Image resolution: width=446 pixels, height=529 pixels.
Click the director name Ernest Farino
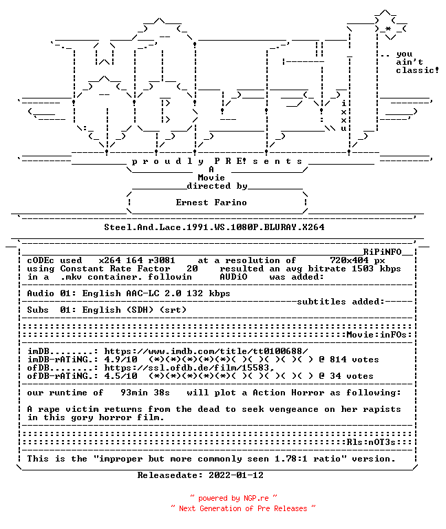coord(211,203)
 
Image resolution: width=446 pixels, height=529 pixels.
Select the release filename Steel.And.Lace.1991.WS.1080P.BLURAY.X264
coord(214,227)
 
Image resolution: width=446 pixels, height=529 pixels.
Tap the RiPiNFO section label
coord(382,251)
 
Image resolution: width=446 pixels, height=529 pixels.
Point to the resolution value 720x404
coord(349,260)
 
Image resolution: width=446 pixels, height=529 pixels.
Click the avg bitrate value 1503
coord(363,269)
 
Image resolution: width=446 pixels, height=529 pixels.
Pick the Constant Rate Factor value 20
coord(192,269)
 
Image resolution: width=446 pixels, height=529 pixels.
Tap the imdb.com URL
coord(206,351)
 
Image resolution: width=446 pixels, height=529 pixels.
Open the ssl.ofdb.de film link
coord(189,368)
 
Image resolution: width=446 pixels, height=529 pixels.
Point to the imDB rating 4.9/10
coord(120,360)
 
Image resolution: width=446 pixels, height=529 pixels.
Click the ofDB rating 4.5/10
coord(120,376)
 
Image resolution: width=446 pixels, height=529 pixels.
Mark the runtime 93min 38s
coord(145,393)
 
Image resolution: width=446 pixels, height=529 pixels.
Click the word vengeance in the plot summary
coord(294,409)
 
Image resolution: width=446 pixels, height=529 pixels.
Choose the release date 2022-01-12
coord(236,475)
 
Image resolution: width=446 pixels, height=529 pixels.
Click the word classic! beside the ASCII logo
coord(417,70)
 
